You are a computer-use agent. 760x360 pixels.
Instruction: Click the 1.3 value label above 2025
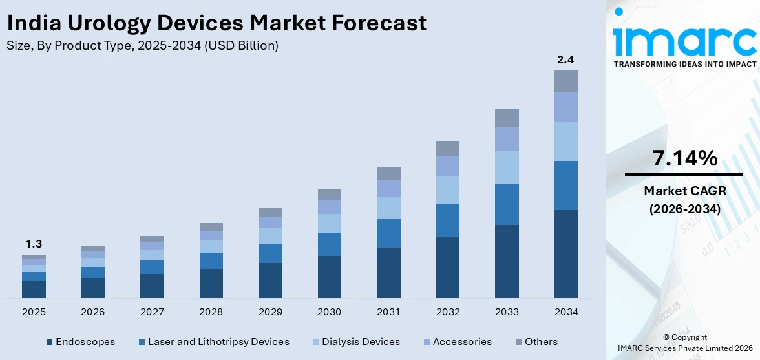click(34, 244)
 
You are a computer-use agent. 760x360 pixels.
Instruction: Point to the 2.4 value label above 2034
click(565, 59)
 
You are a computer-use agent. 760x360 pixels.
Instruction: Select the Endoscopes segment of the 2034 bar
click(565, 253)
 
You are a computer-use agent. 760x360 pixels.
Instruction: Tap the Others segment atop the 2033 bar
click(507, 118)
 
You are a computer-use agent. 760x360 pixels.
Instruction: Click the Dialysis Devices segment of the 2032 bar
click(448, 190)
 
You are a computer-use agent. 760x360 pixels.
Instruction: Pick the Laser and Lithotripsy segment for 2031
click(388, 233)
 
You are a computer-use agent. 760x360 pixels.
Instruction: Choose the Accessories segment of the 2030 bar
click(330, 207)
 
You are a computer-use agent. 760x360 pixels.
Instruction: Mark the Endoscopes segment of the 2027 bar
click(152, 286)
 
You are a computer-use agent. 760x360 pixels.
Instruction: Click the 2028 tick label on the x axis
click(211, 312)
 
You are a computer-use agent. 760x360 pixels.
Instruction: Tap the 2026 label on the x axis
click(92, 312)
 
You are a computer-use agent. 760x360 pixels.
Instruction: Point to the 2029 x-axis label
click(270, 312)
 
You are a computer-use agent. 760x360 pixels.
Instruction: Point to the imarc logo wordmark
click(684, 41)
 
